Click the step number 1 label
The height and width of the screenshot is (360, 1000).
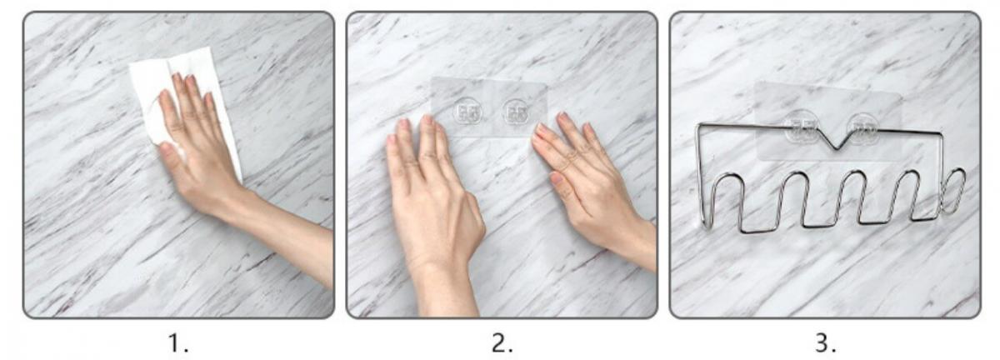[x=177, y=343]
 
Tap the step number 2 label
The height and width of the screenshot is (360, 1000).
[x=502, y=343]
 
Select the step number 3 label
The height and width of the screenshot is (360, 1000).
[x=826, y=343]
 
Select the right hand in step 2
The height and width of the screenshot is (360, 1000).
[x=589, y=187]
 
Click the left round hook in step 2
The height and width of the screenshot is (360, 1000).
[x=467, y=112]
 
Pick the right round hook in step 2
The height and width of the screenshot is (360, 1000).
[x=517, y=112]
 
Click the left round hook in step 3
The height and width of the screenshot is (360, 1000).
[x=801, y=127]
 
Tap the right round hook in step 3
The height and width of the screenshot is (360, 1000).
[x=863, y=127]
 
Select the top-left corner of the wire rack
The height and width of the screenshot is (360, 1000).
[x=699, y=125]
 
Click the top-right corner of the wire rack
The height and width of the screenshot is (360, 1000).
[x=942, y=133]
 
